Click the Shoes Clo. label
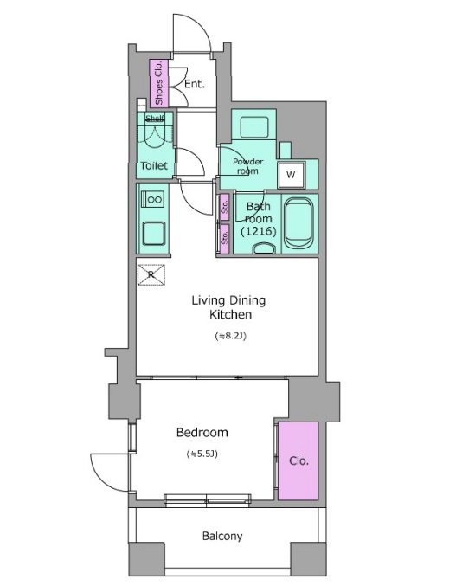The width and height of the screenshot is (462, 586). [158, 83]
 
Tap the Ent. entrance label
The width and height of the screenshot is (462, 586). [195, 84]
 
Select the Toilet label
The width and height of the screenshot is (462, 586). [154, 165]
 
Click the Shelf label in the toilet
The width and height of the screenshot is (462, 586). [155, 119]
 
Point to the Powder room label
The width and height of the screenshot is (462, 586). [248, 166]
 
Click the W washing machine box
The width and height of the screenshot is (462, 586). [292, 175]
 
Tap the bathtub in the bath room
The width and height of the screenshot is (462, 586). [298, 223]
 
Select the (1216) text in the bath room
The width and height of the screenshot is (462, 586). [259, 232]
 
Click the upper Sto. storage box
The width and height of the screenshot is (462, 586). [224, 207]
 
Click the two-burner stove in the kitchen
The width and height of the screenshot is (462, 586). [152, 199]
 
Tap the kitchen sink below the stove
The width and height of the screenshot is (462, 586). [153, 234]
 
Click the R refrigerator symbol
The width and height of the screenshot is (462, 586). [151, 274]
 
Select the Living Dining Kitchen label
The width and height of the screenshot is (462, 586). [229, 307]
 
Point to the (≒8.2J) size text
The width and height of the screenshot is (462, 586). [230, 336]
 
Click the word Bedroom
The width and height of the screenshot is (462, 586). [202, 433]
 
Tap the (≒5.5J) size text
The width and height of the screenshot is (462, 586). [202, 454]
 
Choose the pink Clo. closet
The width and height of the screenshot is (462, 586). [298, 460]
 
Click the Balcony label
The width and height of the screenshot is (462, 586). [222, 537]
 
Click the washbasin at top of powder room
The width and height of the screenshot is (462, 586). [254, 127]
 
